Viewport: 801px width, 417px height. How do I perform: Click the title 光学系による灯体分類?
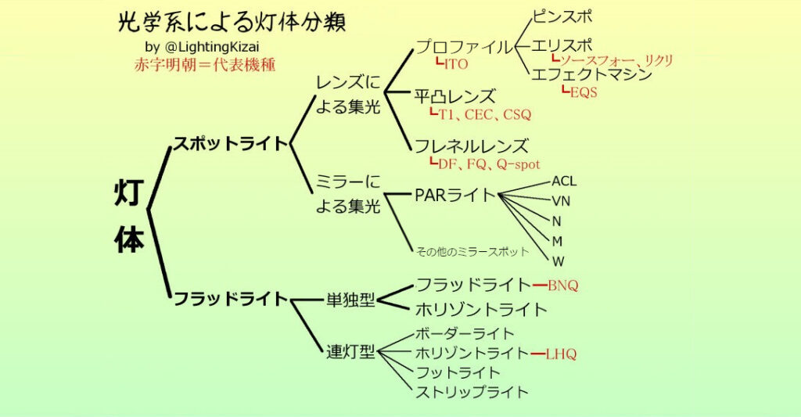pos(231,23)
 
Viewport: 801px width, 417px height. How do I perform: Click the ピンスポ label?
pos(562,16)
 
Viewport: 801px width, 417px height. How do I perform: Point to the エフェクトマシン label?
pos(591,75)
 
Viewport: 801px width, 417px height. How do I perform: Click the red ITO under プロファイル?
pos(454,63)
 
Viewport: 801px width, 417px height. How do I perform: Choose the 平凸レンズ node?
pos(455,97)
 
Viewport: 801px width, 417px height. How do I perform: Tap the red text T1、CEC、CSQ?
pos(483,115)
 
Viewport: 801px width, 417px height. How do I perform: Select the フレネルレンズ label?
pos(472,146)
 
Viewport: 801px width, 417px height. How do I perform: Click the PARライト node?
pos(455,195)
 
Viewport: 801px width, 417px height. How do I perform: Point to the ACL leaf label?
pos(564,182)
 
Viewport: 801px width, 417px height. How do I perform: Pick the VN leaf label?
pos(561,201)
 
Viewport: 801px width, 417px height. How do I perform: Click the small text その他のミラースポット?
pos(472,252)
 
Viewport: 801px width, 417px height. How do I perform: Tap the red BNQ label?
pos(563,286)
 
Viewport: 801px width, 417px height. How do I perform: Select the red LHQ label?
pos(561,354)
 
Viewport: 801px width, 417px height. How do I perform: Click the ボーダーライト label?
pos(465,334)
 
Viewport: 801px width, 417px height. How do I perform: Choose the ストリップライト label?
pos(472,392)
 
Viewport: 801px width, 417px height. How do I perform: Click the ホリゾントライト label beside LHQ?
pos(472,354)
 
